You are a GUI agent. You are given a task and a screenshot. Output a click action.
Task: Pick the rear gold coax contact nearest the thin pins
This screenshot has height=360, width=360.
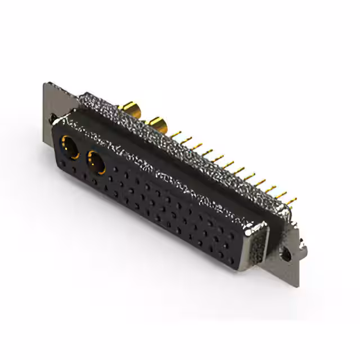157,123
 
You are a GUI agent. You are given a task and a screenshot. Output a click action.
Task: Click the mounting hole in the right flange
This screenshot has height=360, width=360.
288,255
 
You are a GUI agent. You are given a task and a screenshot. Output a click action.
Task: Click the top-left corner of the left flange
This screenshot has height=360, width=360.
44,84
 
